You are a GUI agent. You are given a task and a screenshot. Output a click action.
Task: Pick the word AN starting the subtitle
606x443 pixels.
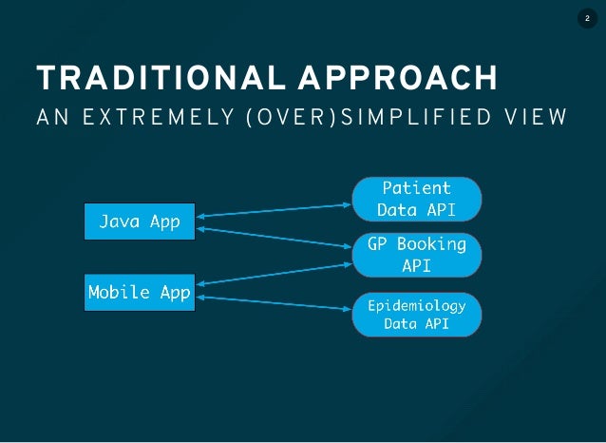point(49,118)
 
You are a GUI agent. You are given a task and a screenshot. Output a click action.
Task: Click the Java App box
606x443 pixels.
point(140,221)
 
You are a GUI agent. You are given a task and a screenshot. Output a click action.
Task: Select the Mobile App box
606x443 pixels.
point(140,292)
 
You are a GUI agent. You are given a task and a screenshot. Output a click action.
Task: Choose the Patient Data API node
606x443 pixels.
point(416,198)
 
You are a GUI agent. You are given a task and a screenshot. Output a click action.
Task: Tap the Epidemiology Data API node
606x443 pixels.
point(416,315)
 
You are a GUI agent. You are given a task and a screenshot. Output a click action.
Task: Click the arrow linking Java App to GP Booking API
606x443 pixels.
point(273,237)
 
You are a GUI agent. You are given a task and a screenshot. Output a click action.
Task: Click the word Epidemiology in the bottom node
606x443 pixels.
point(416,306)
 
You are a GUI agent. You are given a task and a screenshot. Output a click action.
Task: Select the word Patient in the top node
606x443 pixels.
point(416,186)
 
